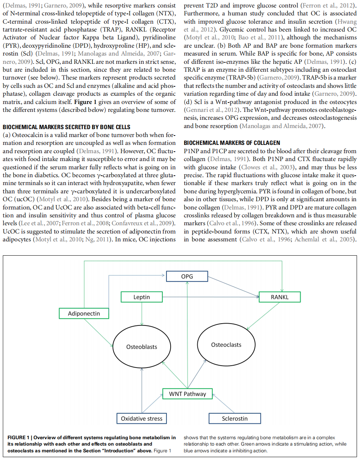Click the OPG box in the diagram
[x=187, y=277]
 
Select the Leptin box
[x=141, y=297]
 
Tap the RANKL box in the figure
[x=280, y=297]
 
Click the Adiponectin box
[x=84, y=313]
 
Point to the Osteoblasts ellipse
[x=142, y=347]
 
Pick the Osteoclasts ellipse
[x=226, y=345]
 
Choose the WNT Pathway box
[x=187, y=394]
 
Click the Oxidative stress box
[x=141, y=419]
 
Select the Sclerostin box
[x=234, y=419]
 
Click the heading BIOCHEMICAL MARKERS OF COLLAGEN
[x=232, y=143]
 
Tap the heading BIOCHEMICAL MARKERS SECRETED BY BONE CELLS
[x=67, y=127]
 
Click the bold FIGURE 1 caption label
[x=18, y=438]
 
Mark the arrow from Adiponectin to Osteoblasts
[x=98, y=332]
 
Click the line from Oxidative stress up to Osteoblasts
[x=142, y=390]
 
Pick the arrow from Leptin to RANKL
[x=210, y=297]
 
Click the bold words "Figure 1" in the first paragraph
[x=85, y=102]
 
